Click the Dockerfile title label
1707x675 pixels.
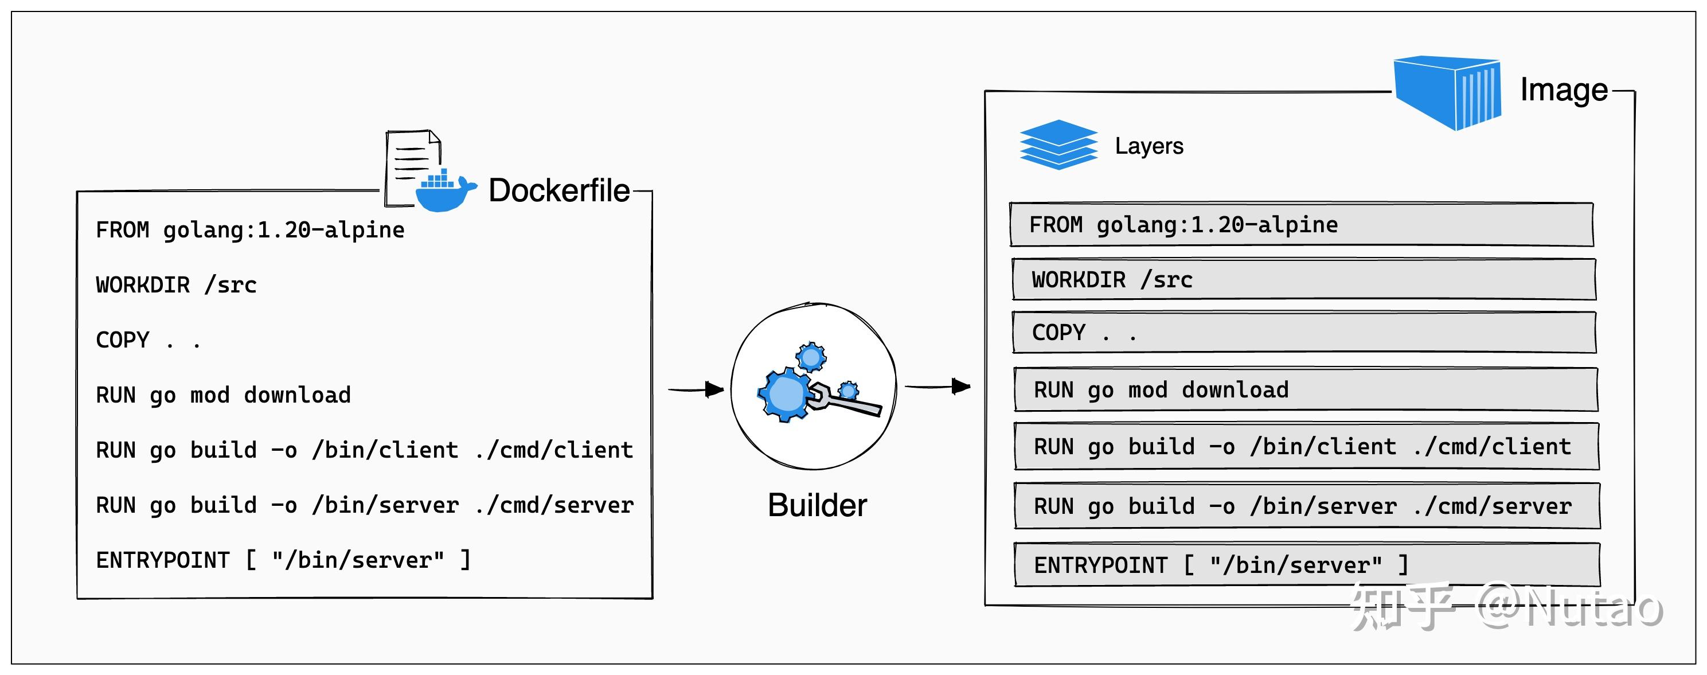[558, 191]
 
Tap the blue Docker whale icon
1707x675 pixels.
[443, 192]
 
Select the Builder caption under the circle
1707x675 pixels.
[817, 505]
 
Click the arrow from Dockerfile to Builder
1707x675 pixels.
[695, 389]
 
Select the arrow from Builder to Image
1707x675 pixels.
[937, 386]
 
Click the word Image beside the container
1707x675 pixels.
[1563, 89]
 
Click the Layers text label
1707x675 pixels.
[1149, 146]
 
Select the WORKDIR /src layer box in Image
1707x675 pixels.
[1303, 280]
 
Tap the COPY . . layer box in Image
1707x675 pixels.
[1303, 333]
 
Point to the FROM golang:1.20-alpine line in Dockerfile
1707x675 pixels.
[250, 230]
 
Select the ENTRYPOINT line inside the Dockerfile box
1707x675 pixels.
[283, 560]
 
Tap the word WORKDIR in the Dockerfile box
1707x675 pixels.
[142, 285]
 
